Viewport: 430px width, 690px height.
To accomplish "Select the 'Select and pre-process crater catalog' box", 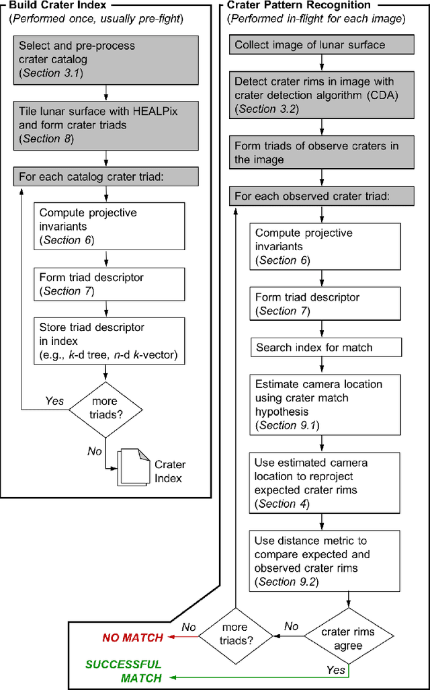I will tap(105, 59).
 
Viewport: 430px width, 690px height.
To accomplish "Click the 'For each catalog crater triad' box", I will tap(105, 178).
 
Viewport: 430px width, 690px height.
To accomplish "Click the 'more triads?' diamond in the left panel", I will tap(105, 408).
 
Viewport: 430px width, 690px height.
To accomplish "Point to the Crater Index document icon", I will tap(134, 469).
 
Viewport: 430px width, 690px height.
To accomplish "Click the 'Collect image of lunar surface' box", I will tap(323, 45).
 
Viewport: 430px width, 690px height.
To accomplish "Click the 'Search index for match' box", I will tap(327, 348).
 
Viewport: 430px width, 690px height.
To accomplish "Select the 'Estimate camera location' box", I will tap(327, 404).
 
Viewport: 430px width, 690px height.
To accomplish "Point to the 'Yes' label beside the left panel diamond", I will tap(54, 401).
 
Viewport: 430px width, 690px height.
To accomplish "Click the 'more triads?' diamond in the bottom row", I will tap(234, 634).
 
